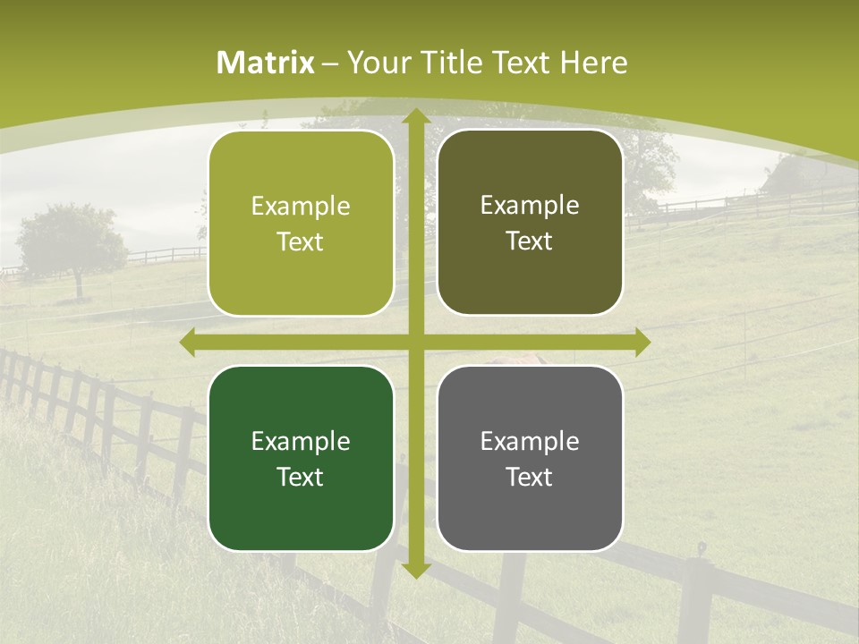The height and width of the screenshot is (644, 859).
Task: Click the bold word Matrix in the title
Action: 266,63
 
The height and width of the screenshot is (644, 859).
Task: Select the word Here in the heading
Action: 593,63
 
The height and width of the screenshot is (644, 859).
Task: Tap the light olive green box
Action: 301,224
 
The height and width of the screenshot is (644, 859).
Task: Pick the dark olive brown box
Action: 530,223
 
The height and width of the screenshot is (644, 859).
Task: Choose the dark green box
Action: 301,459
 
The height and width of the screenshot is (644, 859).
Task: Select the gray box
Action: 530,459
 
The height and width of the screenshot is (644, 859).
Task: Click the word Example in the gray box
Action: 530,441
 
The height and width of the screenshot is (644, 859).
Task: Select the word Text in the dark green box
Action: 301,477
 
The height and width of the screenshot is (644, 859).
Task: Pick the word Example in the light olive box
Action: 301,206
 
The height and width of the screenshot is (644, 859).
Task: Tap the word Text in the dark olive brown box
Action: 530,241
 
